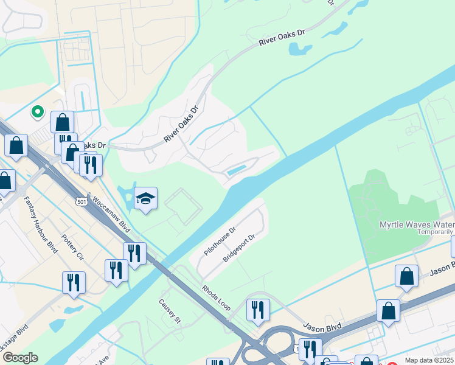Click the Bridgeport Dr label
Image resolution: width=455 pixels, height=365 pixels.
[238, 248]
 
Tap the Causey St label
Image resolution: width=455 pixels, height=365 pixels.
[170, 311]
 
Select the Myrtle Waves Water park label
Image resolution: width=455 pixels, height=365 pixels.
[416, 224]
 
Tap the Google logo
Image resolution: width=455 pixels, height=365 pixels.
[20, 358]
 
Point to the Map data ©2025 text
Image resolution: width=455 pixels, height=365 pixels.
[429, 360]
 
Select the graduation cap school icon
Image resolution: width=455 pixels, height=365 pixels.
[145, 198]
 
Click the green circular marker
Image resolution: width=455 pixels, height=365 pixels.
[37, 111]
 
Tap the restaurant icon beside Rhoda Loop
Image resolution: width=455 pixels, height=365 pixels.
[258, 309]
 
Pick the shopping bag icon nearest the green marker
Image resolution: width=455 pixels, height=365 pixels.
[62, 122]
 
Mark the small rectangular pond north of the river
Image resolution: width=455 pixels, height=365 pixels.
[237, 170]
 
